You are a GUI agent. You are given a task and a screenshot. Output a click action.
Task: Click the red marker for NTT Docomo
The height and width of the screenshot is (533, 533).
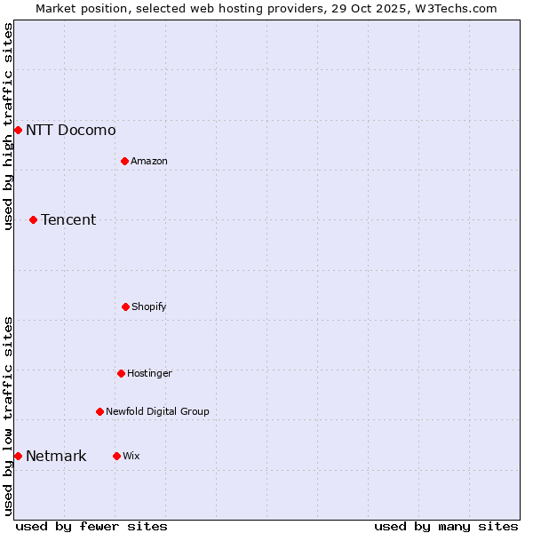(x=18, y=131)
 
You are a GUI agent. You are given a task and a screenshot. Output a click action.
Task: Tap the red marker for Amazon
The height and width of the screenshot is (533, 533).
(x=124, y=161)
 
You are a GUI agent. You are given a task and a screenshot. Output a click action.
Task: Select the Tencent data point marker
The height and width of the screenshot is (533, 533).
(x=33, y=219)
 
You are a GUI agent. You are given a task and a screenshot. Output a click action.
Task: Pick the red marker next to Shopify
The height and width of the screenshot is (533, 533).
(x=125, y=306)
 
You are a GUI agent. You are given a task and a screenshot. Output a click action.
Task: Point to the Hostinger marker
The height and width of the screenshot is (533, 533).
(x=121, y=373)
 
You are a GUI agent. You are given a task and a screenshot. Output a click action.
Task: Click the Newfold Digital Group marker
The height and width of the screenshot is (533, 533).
(x=99, y=411)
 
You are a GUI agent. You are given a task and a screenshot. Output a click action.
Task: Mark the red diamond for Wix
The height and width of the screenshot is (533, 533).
(x=116, y=456)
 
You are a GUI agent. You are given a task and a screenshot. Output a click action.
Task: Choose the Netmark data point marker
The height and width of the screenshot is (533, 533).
(x=18, y=456)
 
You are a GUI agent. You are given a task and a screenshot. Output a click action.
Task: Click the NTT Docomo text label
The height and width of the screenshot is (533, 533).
(x=71, y=131)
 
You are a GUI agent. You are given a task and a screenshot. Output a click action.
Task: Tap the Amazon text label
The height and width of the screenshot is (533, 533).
(x=149, y=161)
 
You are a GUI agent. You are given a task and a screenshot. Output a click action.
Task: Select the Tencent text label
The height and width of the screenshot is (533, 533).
(x=68, y=219)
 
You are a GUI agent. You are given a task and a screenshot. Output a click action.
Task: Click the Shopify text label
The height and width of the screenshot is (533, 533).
(x=149, y=306)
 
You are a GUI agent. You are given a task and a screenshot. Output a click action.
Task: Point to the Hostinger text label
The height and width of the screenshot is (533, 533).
(x=149, y=373)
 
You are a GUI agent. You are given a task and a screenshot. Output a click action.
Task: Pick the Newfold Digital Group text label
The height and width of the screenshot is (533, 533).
(x=157, y=411)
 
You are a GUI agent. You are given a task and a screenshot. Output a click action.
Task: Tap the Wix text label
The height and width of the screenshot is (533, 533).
(x=131, y=456)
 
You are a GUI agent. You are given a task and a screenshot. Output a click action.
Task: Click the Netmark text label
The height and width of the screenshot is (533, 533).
(x=56, y=457)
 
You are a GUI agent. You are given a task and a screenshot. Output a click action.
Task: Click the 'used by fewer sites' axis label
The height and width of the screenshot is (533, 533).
(x=91, y=526)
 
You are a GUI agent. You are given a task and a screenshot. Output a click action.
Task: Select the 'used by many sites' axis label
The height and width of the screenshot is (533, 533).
(x=446, y=526)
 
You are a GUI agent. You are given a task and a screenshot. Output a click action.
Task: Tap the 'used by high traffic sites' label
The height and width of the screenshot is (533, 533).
(x=8, y=126)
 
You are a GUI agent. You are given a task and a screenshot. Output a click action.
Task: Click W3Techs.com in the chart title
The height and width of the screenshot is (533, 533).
(x=454, y=8)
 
